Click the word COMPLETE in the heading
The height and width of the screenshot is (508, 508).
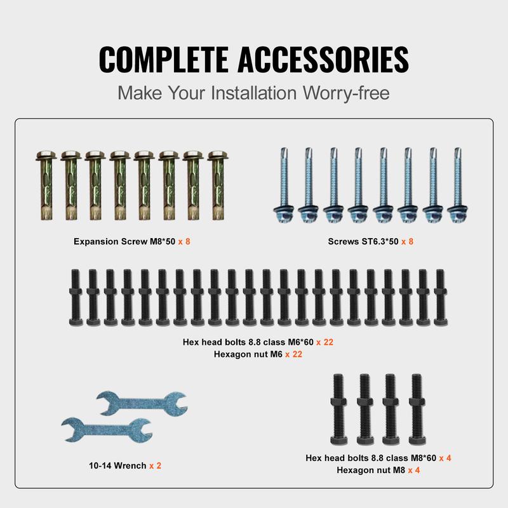(164, 59)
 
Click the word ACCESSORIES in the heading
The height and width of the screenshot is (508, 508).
(323, 59)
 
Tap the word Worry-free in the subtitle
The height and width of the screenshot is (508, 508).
(346, 93)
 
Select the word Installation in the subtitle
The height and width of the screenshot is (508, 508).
(254, 93)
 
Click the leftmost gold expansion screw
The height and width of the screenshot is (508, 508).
(46, 185)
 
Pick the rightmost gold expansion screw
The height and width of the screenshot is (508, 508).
(218, 185)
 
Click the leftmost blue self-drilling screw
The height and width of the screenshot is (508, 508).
(283, 185)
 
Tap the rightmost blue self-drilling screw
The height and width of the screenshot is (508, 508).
(457, 185)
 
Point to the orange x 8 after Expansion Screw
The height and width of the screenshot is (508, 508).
(184, 241)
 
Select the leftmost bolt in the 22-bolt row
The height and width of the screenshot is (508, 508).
(76, 297)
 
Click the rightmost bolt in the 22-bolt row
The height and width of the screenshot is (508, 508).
(440, 297)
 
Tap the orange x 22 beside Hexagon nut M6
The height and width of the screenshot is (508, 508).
(293, 354)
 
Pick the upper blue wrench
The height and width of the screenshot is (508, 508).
(142, 403)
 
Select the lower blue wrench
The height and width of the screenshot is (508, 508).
(107, 430)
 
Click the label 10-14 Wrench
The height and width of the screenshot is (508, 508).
(117, 465)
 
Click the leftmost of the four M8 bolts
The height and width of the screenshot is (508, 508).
(338, 409)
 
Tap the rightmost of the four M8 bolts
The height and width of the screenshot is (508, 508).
(417, 409)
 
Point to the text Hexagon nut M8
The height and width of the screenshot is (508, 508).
(371, 470)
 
